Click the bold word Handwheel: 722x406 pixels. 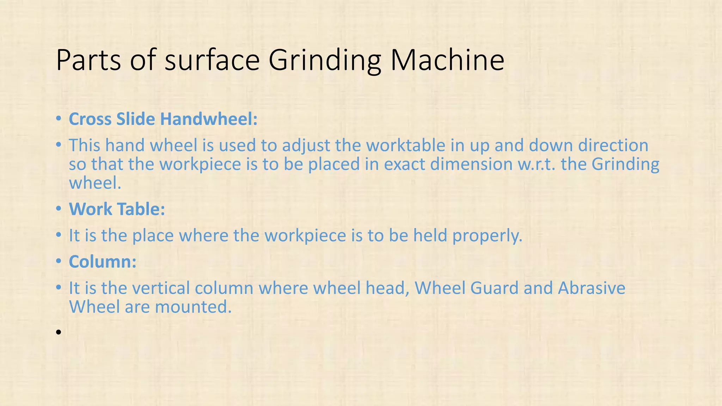(209, 119)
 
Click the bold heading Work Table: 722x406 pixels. (117, 209)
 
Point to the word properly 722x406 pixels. (487, 235)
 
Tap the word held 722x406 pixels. (430, 235)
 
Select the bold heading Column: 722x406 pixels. (103, 262)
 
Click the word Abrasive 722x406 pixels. (592, 288)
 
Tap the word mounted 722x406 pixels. (193, 307)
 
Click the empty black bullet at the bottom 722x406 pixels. (59, 332)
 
